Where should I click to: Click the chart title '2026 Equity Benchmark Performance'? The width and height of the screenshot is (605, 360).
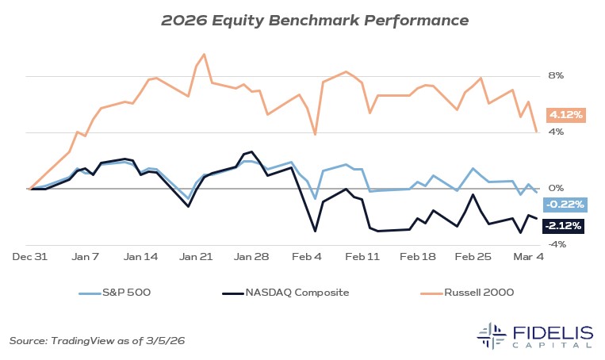pos(302,18)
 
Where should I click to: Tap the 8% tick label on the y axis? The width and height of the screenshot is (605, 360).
pos(555,76)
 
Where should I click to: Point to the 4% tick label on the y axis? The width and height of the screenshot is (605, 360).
pos(555,132)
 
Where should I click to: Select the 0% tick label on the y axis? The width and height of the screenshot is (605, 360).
pos(555,189)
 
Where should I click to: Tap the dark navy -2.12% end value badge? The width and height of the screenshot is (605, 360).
pos(564,226)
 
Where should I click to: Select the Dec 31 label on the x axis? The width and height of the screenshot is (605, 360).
pos(29,258)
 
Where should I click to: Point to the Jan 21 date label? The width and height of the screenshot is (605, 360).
pos(196,258)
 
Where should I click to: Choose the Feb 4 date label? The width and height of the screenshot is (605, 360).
pos(308,258)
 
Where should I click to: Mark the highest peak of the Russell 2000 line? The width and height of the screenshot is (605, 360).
pos(205,54)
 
